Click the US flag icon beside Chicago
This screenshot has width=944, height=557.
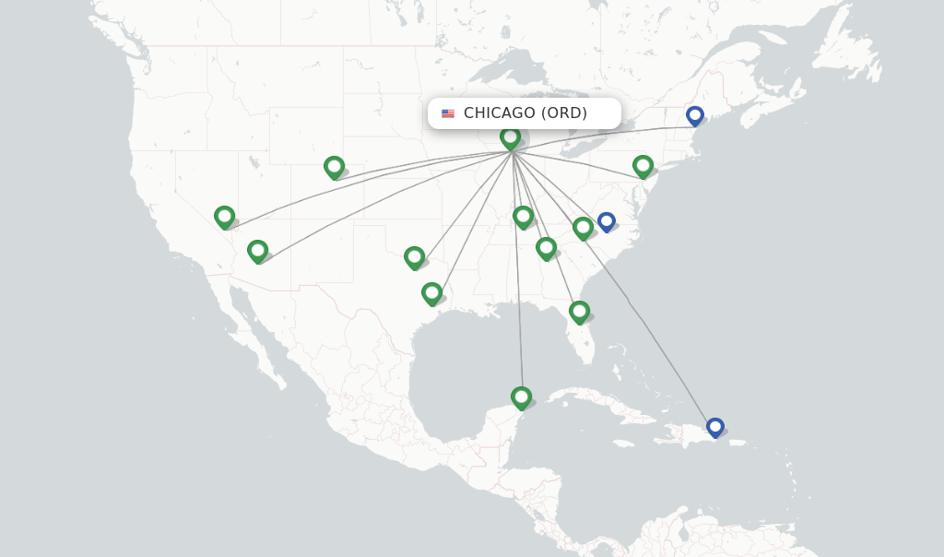point(448,113)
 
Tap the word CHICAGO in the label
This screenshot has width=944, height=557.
point(499,113)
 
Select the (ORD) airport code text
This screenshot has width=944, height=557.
point(563,113)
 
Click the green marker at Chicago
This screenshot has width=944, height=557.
point(510,137)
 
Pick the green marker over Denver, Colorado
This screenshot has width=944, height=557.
point(334,167)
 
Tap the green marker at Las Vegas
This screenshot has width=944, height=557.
point(224,217)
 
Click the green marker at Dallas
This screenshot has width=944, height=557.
point(414,257)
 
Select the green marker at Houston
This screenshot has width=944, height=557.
point(431,293)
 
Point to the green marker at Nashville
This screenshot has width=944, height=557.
point(523,217)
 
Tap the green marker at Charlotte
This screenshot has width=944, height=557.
point(583,227)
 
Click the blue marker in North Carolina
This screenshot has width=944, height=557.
point(606,221)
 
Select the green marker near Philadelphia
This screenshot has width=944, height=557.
point(643,166)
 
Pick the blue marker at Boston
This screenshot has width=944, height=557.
point(695,115)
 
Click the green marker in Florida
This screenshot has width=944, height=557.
point(579,312)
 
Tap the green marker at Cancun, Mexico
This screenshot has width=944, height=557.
point(521,397)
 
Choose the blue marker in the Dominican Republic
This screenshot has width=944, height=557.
point(714,427)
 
